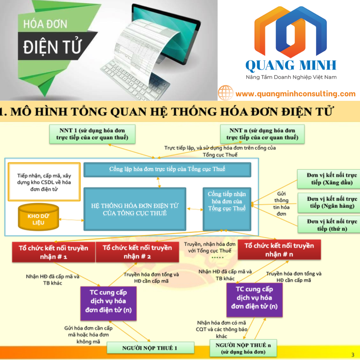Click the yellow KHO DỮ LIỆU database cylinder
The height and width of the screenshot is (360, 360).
(38, 217)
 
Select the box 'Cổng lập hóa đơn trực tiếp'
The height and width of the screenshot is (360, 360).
(167, 169)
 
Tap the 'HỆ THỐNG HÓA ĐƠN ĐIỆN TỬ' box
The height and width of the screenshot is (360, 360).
(135, 209)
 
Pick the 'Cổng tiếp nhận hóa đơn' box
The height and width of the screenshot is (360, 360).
(227, 209)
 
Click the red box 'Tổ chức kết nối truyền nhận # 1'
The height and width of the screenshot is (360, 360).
(53, 252)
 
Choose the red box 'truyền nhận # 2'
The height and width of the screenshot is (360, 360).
(137, 252)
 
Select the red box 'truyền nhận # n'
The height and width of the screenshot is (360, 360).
(279, 250)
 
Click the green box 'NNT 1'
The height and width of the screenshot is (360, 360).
(92, 134)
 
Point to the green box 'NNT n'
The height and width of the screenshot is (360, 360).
(262, 134)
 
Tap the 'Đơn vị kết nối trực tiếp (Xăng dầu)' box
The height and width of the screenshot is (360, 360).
(329, 179)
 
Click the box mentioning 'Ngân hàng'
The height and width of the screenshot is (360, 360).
(329, 203)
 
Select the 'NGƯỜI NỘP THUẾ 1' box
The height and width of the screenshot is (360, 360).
(150, 348)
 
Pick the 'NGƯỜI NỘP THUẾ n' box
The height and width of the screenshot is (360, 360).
(243, 348)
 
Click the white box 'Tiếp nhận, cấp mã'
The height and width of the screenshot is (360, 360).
(44, 182)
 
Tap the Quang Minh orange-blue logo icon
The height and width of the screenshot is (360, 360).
(291, 32)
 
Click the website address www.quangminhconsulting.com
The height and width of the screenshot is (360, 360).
(295, 94)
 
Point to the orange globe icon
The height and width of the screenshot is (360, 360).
(226, 93)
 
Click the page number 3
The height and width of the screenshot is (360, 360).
(353, 355)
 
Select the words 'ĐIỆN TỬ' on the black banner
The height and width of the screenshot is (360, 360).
(52, 47)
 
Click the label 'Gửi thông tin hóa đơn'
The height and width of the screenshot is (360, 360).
(281, 204)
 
